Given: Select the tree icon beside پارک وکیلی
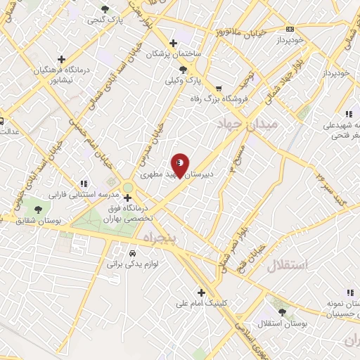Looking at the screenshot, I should (184, 69).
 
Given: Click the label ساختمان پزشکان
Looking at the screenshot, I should (174, 54).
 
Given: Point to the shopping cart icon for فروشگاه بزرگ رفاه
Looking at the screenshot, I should (219, 89).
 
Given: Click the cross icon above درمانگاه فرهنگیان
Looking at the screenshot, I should (62, 59).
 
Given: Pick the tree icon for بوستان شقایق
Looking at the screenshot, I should (38, 208).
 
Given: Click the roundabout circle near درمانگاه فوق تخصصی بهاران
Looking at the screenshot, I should (127, 186).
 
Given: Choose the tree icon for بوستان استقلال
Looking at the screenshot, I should (282, 311).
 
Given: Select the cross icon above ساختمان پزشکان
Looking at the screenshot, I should (173, 43).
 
